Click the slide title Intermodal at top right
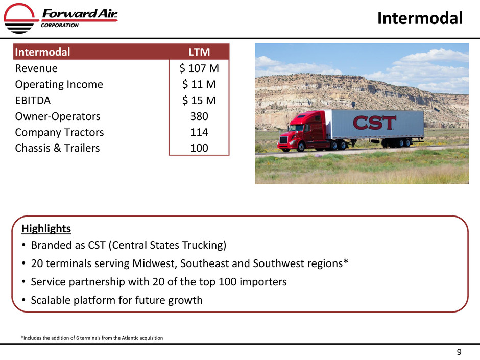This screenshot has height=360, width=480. pyautogui.click(x=420, y=18)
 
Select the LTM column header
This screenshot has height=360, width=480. pyautogui.click(x=199, y=52)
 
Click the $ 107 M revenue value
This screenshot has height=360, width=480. pyautogui.click(x=199, y=68)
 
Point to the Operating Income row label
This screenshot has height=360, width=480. pyautogui.click(x=59, y=84)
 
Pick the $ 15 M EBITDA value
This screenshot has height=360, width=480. pyautogui.click(x=199, y=100)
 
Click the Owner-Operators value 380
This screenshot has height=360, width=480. pyautogui.click(x=199, y=116)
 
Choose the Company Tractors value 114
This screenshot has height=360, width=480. pyautogui.click(x=199, y=132)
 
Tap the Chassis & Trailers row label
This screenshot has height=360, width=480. pyautogui.click(x=58, y=148)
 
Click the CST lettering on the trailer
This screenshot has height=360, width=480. pyautogui.click(x=374, y=123)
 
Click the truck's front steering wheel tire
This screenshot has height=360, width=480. pyautogui.click(x=301, y=147)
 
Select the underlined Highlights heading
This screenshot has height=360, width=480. pyautogui.click(x=46, y=229)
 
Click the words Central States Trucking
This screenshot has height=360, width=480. pyautogui.click(x=167, y=245)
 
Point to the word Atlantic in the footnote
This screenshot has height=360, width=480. pyautogui.click(x=130, y=338)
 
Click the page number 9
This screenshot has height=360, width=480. pyautogui.click(x=459, y=352)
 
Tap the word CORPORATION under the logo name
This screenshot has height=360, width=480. pyautogui.click(x=60, y=26)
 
